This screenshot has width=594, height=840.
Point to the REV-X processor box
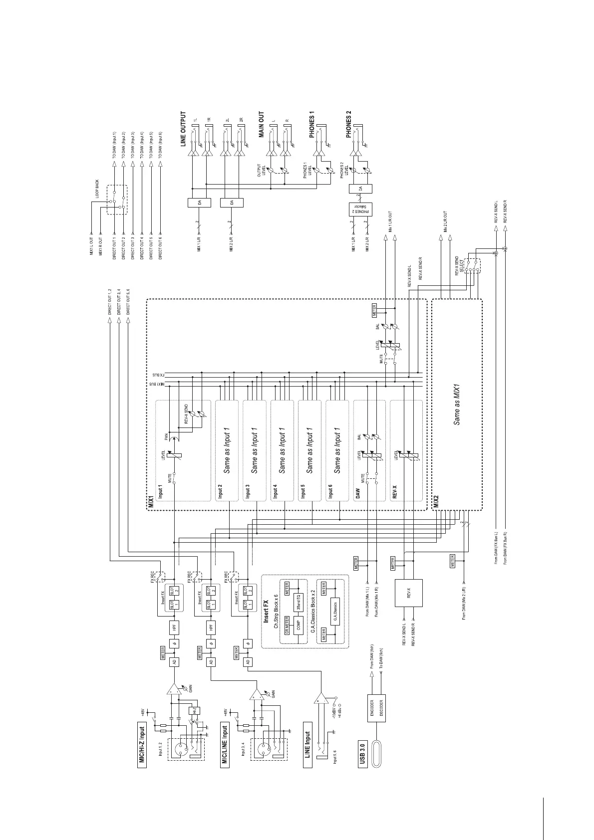(x=409, y=593)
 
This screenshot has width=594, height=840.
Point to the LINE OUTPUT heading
(x=183, y=129)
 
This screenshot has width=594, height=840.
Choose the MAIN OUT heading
(x=261, y=125)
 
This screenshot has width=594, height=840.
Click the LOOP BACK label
(x=98, y=190)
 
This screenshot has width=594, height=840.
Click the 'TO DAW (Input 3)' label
(x=133, y=145)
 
